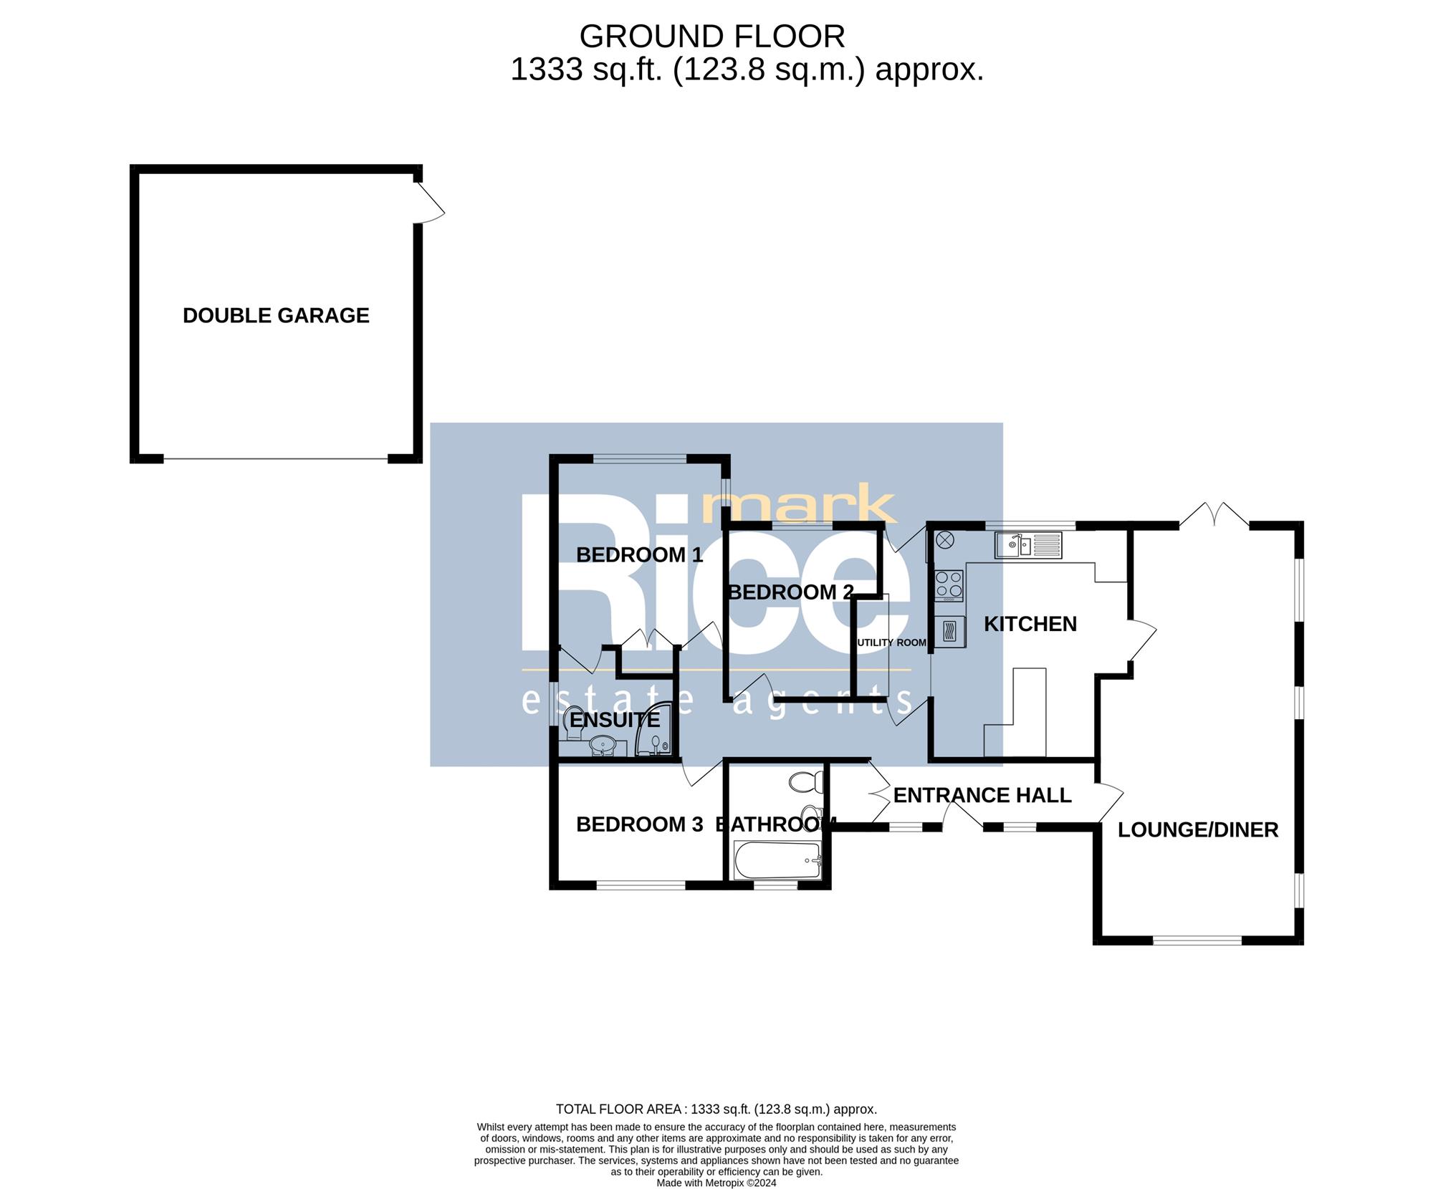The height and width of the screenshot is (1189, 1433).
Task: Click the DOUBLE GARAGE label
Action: [276, 316]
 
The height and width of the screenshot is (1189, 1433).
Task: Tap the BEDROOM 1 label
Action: [639, 555]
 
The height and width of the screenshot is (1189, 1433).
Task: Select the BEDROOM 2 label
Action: [790, 592]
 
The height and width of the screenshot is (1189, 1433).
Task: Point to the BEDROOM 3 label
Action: [639, 824]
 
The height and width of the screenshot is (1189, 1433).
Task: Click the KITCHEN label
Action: [1030, 624]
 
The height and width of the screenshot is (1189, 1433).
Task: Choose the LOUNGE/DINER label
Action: [1198, 829]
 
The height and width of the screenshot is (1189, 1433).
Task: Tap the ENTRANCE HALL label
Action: [982, 795]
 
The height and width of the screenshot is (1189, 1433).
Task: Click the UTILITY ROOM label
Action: [892, 642]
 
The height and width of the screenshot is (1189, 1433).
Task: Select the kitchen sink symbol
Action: [1028, 545]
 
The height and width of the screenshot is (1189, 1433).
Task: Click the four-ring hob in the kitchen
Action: [949, 584]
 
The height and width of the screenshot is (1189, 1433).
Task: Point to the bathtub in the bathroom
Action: [777, 861]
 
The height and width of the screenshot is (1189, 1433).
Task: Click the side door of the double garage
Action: [428, 202]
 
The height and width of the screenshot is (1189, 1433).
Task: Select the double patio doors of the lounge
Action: [1214, 514]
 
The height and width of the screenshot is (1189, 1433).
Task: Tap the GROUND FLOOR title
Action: [712, 36]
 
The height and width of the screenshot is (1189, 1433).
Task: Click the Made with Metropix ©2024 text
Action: [716, 1183]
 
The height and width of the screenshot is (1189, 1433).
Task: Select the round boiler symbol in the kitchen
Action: [944, 540]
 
